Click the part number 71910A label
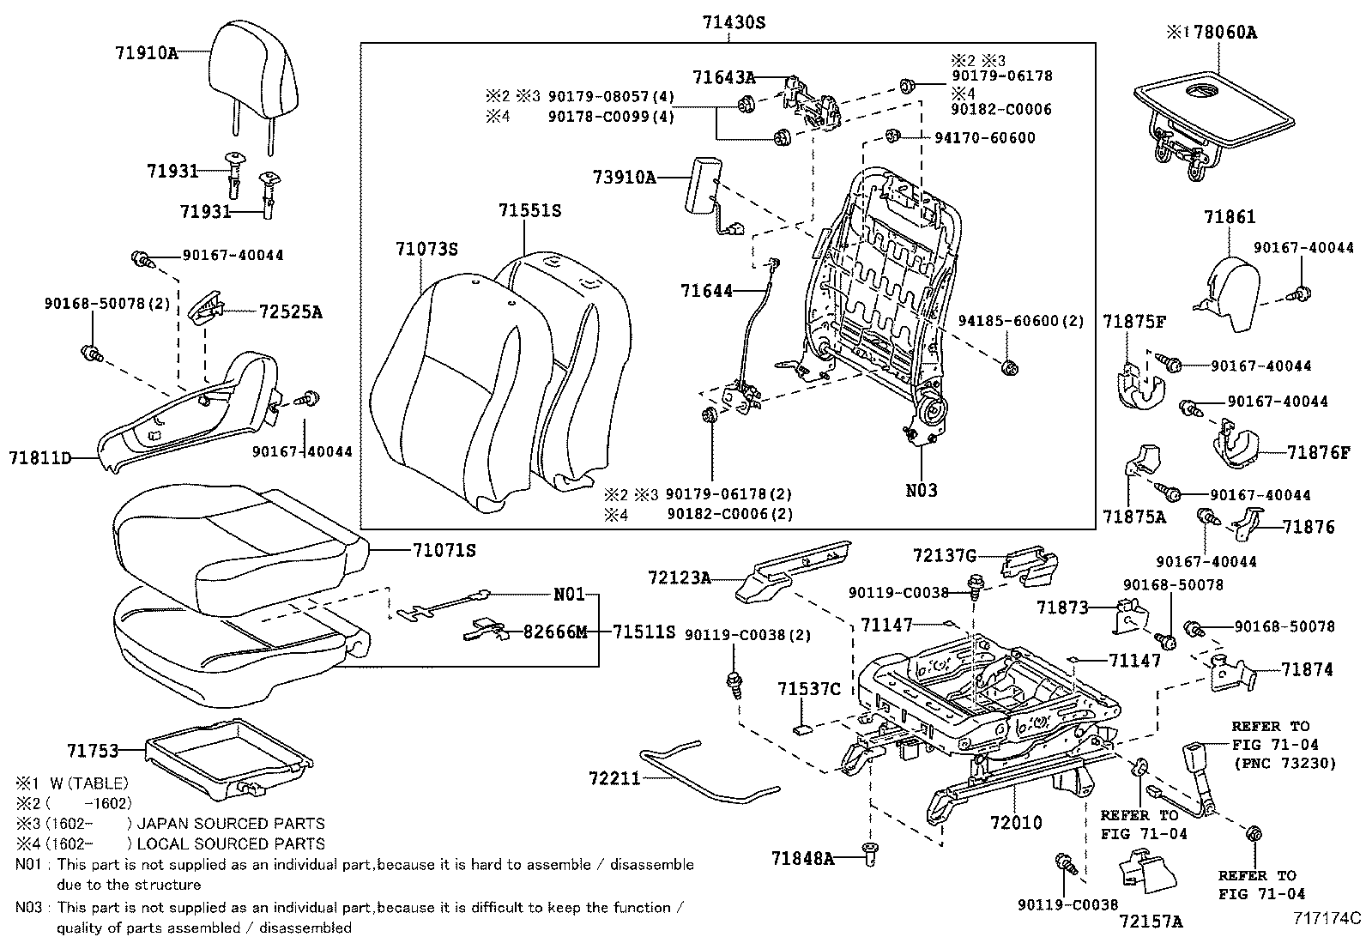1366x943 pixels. click(146, 52)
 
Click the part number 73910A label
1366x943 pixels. click(624, 178)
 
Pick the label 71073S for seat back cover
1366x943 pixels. click(426, 250)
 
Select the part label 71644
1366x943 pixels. click(707, 291)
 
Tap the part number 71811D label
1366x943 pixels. click(40, 458)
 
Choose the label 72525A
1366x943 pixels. click(290, 312)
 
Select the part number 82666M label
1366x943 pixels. click(555, 632)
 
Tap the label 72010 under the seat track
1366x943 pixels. click(1016, 822)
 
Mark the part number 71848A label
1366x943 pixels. click(802, 857)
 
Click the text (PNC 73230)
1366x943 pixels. click(1284, 763)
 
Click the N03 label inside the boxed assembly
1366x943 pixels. click(922, 491)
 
